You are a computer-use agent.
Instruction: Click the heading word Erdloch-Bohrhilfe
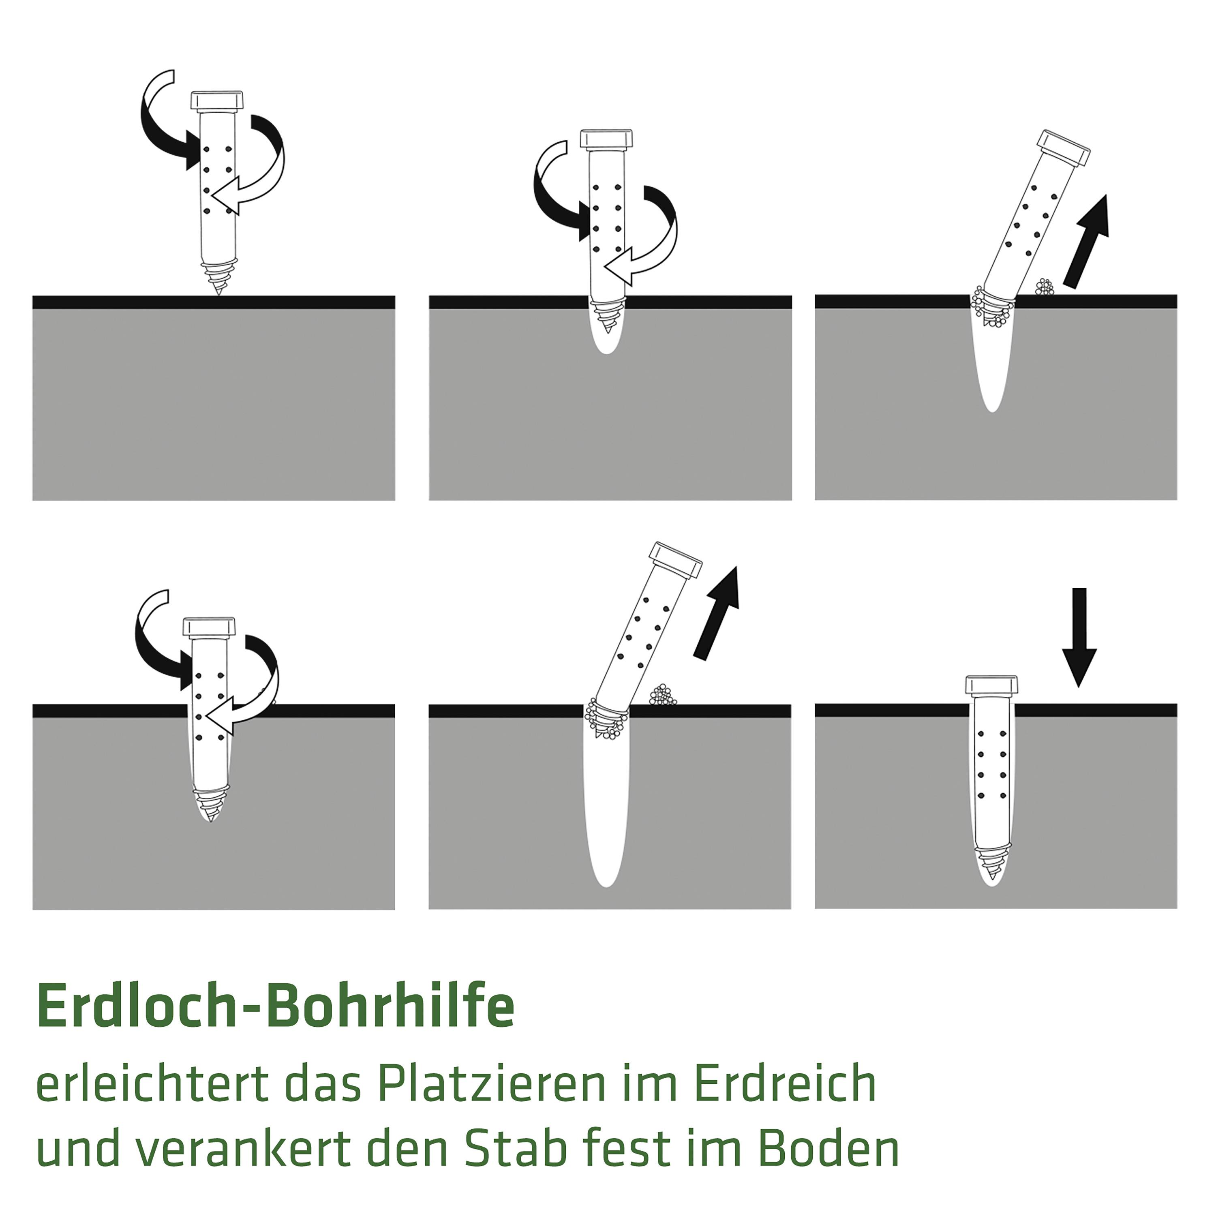pyautogui.click(x=276, y=1005)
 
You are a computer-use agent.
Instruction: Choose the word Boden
pyautogui.click(x=828, y=1148)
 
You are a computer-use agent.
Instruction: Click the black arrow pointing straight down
pyautogui.click(x=1079, y=636)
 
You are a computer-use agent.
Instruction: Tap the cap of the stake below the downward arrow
pyautogui.click(x=992, y=685)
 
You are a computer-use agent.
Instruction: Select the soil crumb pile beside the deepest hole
pyautogui.click(x=662, y=696)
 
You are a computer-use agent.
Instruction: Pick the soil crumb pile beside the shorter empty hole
pyautogui.click(x=1045, y=288)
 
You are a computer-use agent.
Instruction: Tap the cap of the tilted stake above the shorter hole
pyautogui.click(x=1064, y=148)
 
